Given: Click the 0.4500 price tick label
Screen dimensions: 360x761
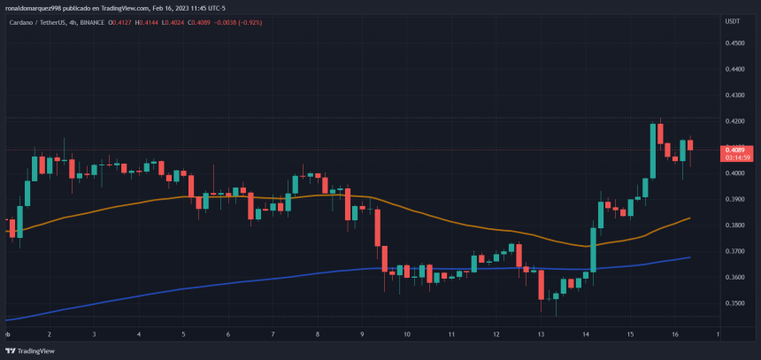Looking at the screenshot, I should [734, 42].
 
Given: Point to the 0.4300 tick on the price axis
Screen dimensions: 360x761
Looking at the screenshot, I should [734, 95].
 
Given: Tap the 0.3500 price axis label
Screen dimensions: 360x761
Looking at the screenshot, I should [734, 303].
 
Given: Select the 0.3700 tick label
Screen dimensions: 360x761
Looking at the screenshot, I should [734, 251].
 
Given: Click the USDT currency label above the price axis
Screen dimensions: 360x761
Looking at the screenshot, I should [732, 21].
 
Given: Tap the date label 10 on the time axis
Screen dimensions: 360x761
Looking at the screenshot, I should [406, 335].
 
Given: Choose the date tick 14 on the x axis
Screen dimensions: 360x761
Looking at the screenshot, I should [587, 335].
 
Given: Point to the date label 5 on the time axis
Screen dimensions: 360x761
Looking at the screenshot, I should [183, 335].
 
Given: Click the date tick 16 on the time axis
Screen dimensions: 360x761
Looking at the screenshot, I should [676, 335].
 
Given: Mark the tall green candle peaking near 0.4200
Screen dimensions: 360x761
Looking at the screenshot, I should [653, 150].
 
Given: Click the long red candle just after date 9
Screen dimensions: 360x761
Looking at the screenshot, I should [378, 228].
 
